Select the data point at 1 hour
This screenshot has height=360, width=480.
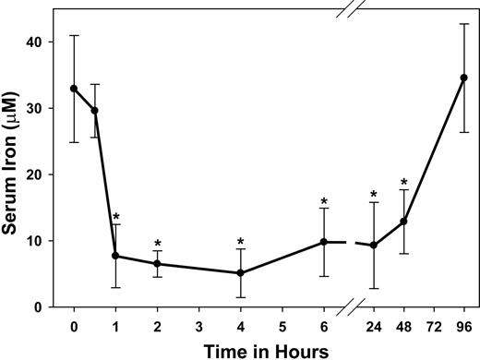pos(115,256)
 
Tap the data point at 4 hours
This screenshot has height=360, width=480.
pos(240,273)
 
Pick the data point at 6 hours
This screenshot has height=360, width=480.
pos(324,242)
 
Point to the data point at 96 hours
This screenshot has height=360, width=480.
pos(464,78)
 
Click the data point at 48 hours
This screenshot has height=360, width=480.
pos(403,222)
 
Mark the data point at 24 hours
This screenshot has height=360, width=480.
pos(373,246)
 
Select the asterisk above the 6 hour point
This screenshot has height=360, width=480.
pos(324,201)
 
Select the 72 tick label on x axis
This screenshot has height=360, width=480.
pos(434,326)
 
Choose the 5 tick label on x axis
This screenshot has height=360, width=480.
pos(282,326)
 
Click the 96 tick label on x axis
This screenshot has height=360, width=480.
pos(464,326)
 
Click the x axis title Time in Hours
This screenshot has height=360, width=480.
pos(269,350)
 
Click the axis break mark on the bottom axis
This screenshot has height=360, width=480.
pos(349,307)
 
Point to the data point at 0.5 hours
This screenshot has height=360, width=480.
pos(94,111)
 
